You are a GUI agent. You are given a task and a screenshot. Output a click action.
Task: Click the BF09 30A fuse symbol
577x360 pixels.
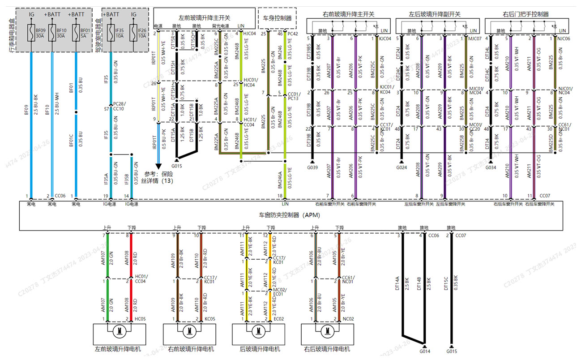tap(31, 32)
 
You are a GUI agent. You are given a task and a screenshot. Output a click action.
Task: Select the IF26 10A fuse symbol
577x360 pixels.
tap(133, 32)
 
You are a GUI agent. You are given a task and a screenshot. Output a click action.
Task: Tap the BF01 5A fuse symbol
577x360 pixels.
tap(76, 32)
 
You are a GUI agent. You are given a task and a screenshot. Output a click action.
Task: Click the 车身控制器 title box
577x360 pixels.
tap(276, 18)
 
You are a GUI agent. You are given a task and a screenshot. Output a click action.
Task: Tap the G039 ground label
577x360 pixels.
tap(312, 168)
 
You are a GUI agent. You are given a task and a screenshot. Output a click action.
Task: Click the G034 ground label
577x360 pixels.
tap(491, 168)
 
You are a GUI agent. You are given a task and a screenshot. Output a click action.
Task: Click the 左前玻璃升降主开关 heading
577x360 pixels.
tap(204, 17)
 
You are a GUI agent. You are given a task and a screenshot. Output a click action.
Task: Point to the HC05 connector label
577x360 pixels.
tap(140, 319)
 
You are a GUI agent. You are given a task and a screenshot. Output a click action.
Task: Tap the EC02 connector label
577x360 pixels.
tap(278, 319)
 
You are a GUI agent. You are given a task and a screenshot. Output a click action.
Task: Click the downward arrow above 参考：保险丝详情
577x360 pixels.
tap(158, 166)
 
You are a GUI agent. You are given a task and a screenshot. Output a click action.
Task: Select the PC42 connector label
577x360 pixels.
tap(293, 33)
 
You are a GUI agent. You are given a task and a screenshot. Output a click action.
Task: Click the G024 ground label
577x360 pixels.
tap(402, 168)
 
